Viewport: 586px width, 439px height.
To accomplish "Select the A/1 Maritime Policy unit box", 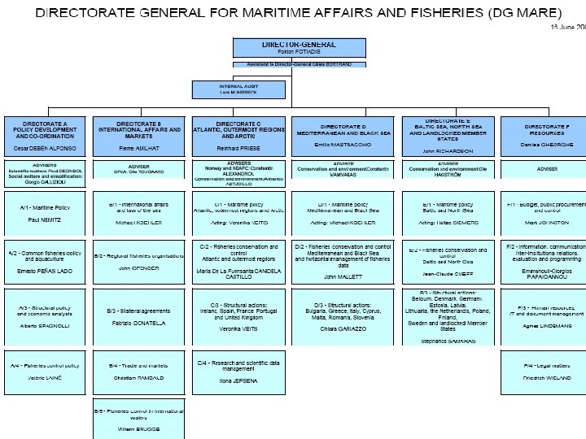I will [x=47, y=213].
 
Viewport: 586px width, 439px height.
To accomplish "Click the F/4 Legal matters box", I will [x=541, y=372].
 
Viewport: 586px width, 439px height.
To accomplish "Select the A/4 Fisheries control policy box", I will [x=47, y=372].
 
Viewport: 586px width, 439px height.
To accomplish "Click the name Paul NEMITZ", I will [x=46, y=220].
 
